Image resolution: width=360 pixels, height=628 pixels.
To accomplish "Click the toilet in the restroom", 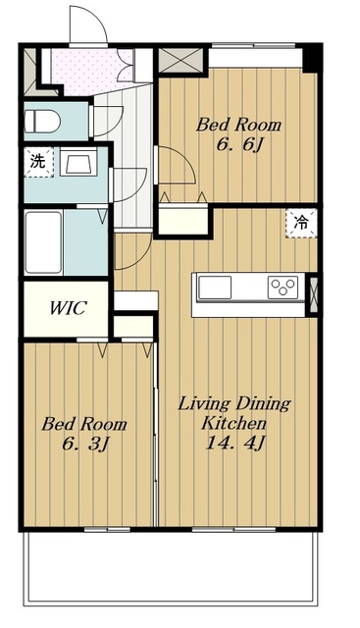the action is tap(42, 121).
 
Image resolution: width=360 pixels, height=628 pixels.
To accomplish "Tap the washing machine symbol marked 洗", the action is tap(38, 162).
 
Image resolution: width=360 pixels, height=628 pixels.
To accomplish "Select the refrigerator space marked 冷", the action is tap(301, 224).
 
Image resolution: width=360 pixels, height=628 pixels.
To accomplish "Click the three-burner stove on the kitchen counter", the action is tap(283, 288).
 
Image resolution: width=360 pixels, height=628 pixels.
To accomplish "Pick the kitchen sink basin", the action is tap(215, 288).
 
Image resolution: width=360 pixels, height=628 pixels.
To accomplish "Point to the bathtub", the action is tap(43, 242).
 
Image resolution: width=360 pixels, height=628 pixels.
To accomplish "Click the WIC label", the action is tap(68, 308).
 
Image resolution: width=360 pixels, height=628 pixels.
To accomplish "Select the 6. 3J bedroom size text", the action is tap(85, 444).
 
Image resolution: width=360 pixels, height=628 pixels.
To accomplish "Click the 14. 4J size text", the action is tap(235, 443).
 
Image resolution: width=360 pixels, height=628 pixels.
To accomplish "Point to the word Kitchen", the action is tap(233, 423).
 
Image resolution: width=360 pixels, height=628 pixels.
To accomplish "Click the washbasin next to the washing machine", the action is tap(78, 161).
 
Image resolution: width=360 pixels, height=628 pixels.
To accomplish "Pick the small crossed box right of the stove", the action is tap(314, 294).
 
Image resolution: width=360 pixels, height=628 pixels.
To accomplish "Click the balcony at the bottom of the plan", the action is tap(173, 565).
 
